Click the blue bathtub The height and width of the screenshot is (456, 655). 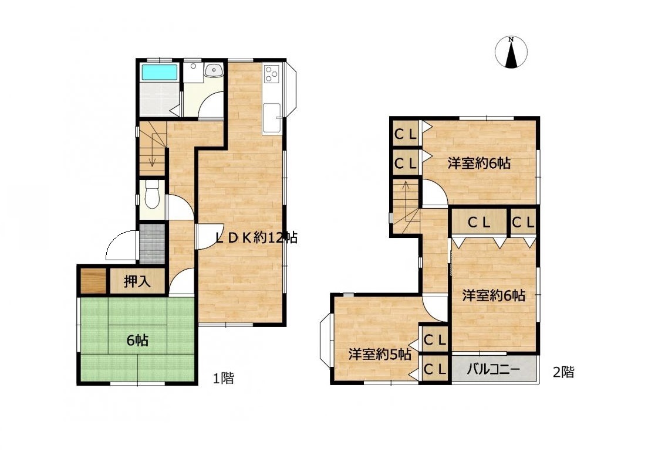click(x=159, y=72)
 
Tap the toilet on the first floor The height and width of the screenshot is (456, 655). click(x=152, y=195)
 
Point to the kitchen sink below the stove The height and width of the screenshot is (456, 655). click(x=272, y=112)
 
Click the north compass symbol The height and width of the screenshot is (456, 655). click(x=511, y=52)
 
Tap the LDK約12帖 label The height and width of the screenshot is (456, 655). click(x=256, y=238)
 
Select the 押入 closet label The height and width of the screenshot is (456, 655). click(x=137, y=282)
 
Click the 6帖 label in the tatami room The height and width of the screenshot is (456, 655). click(x=137, y=341)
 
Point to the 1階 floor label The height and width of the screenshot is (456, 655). click(x=224, y=379)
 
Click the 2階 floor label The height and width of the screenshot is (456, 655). click(x=563, y=372)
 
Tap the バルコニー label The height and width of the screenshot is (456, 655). click(x=493, y=369)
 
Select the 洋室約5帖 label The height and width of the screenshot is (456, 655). click(x=380, y=355)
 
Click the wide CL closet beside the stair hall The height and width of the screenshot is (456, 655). click(x=479, y=222)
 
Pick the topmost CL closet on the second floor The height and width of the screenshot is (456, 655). click(x=406, y=134)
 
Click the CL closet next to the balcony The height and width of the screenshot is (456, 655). click(x=435, y=369)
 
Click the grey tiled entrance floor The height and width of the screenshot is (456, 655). click(x=152, y=244)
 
